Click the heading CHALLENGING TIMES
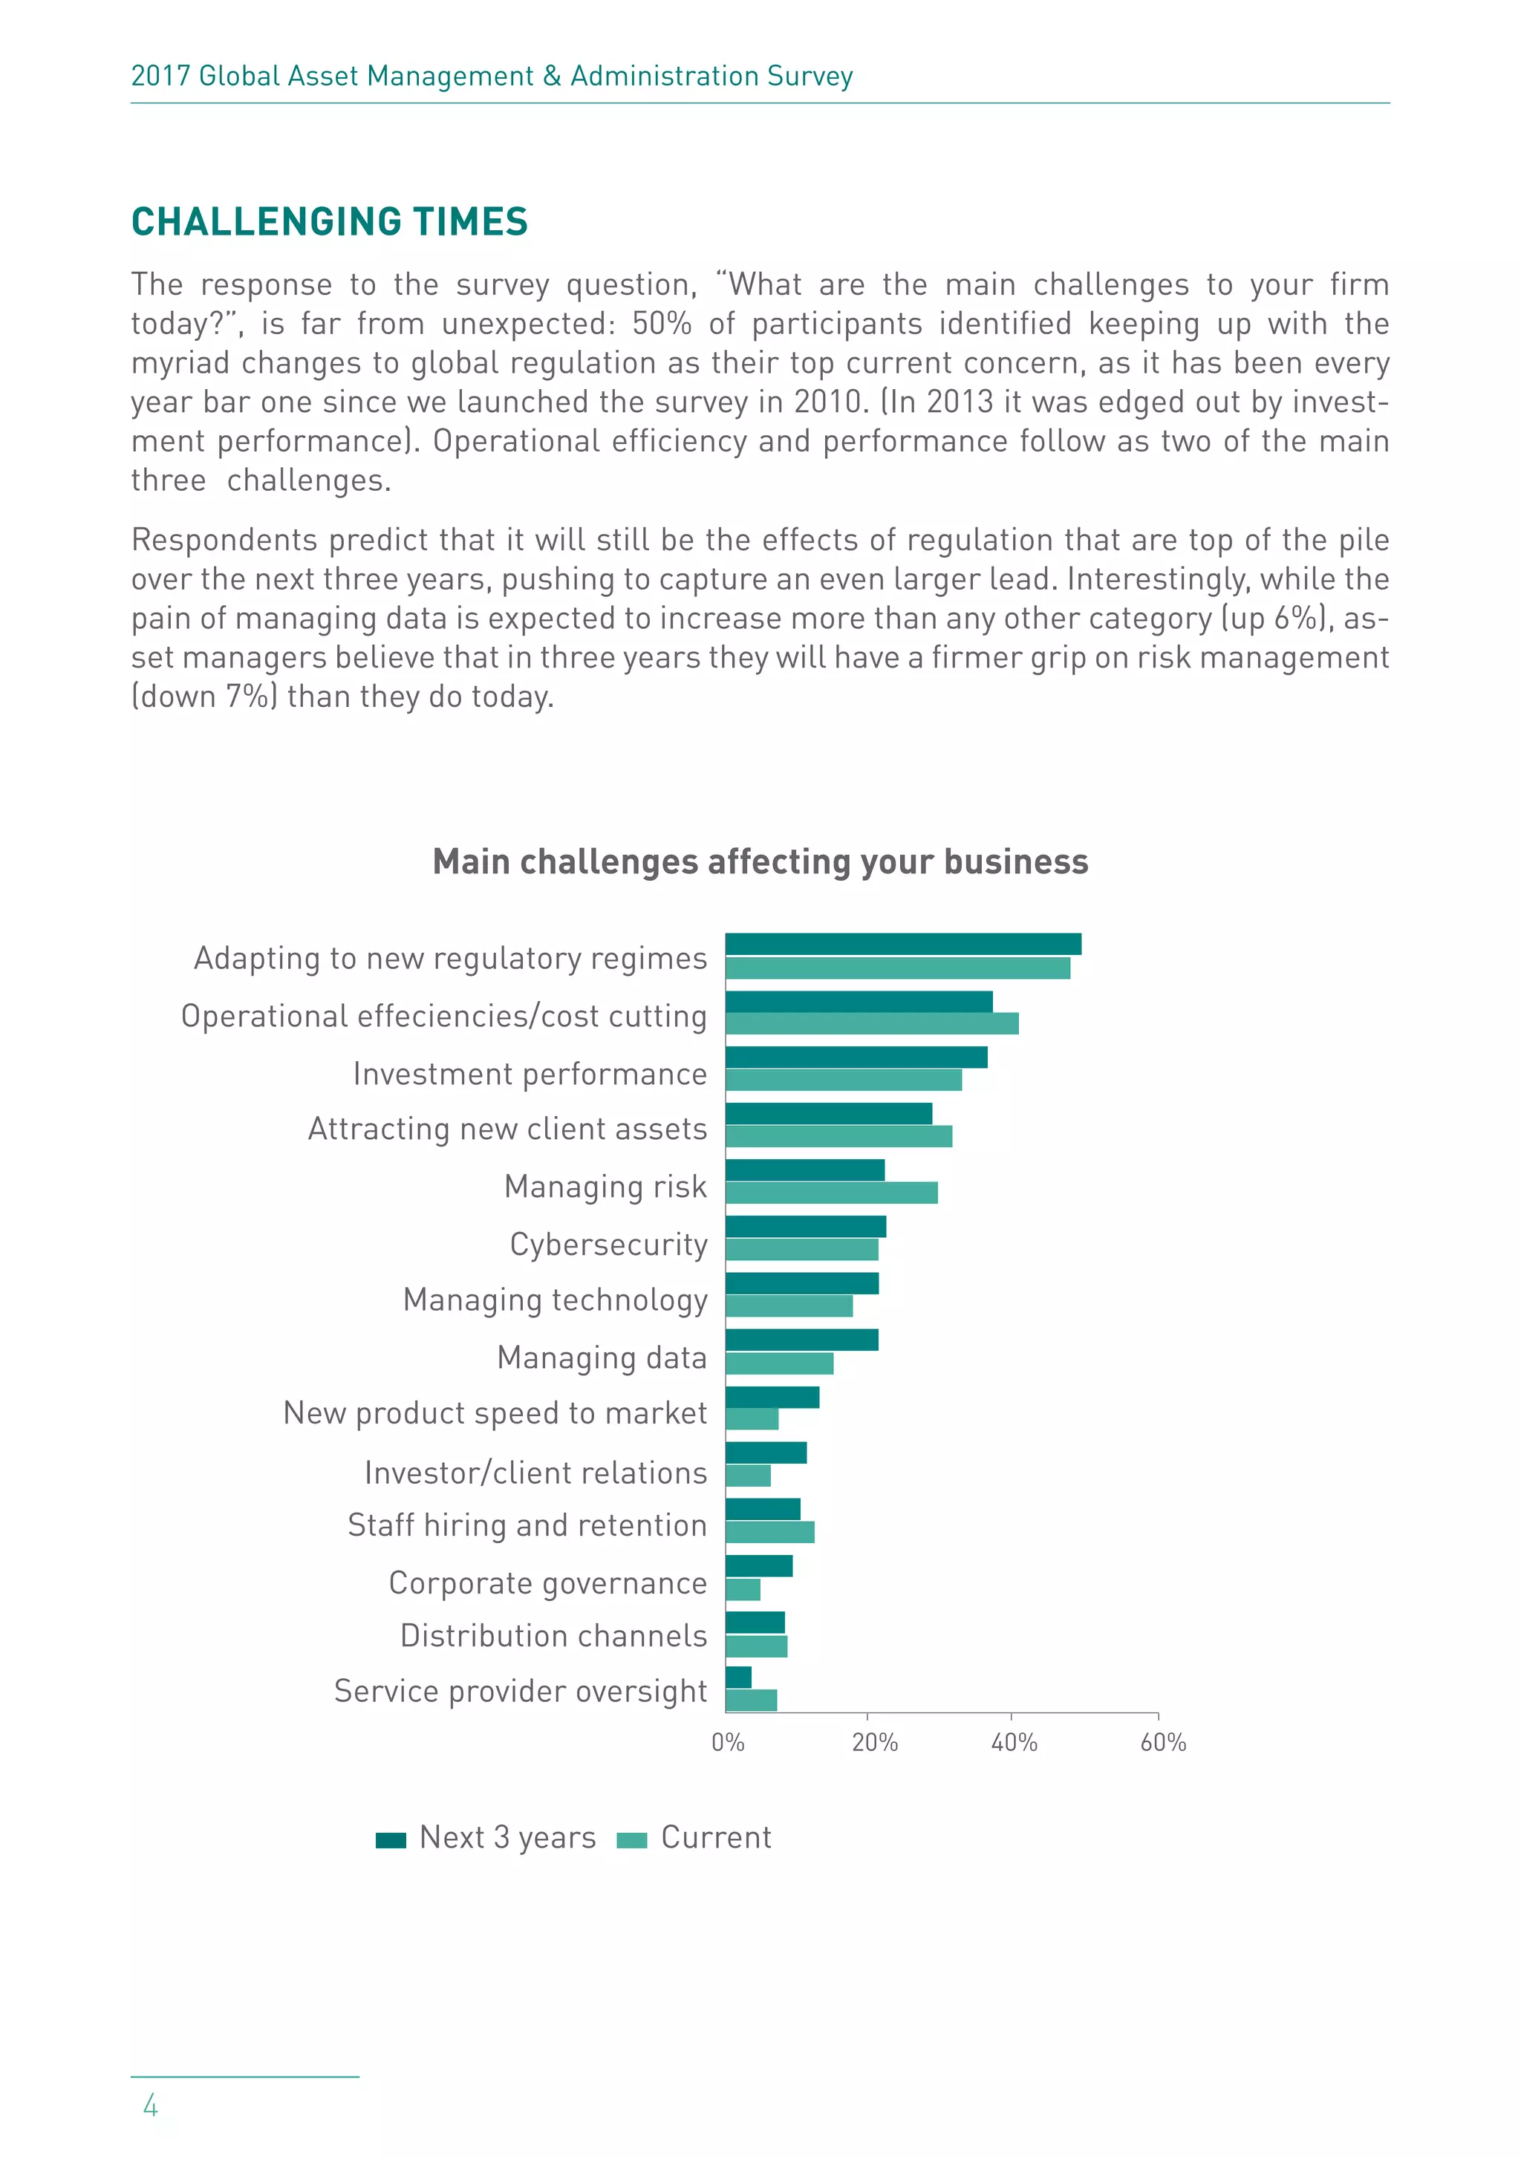329,222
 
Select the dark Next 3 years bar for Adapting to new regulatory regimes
902,944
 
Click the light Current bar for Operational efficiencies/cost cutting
871,1023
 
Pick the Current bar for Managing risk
831,1193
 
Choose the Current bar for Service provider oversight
751,1701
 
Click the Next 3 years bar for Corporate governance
758,1566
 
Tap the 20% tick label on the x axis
874,1744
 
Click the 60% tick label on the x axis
1163,1744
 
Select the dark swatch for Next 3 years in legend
390,1840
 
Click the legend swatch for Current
632,1840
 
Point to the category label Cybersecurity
608,1245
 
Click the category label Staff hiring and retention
527,1525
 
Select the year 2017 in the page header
160,76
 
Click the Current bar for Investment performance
843,1080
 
